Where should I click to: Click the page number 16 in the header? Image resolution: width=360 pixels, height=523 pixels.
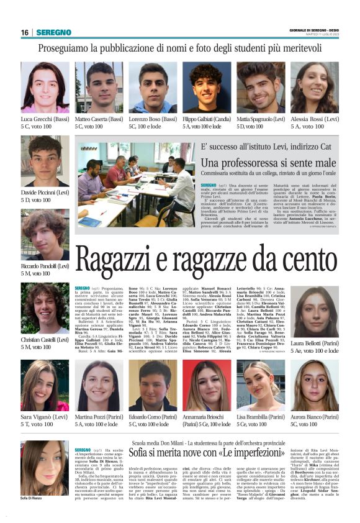[x=25, y=32]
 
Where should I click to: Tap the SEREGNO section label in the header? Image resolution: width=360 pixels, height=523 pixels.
[x=54, y=32]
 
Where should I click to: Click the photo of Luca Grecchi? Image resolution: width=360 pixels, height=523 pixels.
[x=45, y=87]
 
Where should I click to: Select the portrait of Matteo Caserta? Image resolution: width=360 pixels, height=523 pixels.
[x=99, y=87]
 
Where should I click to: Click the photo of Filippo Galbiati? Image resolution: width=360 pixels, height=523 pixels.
[x=206, y=87]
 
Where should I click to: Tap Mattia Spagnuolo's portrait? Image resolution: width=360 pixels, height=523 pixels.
[x=260, y=87]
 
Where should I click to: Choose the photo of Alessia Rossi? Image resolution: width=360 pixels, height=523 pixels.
[x=315, y=87]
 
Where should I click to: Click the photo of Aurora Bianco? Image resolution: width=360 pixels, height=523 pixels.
[x=315, y=385]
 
